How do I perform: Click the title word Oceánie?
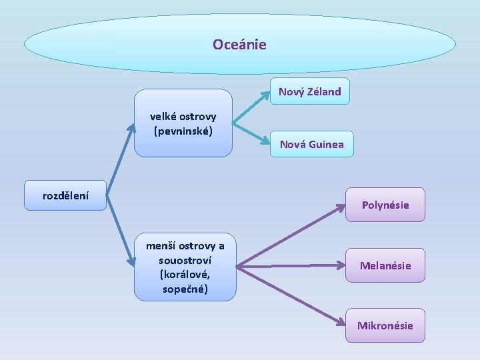click(x=239, y=45)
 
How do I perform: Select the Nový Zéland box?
click(x=309, y=92)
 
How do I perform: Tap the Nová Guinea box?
click(x=311, y=144)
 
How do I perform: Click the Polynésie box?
click(x=385, y=205)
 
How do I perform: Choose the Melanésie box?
click(x=385, y=265)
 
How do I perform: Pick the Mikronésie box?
click(x=385, y=325)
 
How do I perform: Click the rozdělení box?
click(x=65, y=196)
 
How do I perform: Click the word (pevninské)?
click(x=183, y=131)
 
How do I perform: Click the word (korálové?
click(x=185, y=274)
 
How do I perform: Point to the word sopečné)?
click(x=185, y=289)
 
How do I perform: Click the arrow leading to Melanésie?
click(x=293, y=266)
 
